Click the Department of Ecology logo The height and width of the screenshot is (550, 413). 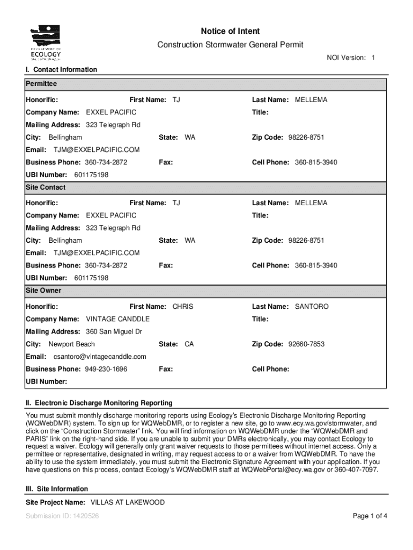pyautogui.click(x=46, y=41)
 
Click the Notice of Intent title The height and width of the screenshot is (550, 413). pyautogui.click(x=230, y=31)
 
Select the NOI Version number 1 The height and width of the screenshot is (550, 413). pyautogui.click(x=373, y=57)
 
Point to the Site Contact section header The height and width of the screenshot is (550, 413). pyautogui.click(x=46, y=187)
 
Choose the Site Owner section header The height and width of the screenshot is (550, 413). pyautogui.click(x=43, y=291)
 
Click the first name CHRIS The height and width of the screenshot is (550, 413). pyautogui.click(x=182, y=307)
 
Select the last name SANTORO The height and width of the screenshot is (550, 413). pyautogui.click(x=311, y=307)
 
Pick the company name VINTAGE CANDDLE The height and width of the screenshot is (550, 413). pyautogui.click(x=117, y=319)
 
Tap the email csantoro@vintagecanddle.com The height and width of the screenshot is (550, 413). pyautogui.click(x=99, y=357)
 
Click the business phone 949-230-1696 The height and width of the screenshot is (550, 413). pyautogui.click(x=106, y=369)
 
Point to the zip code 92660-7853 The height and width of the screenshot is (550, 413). pyautogui.click(x=306, y=344)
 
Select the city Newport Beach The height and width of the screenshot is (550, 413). pyautogui.click(x=71, y=344)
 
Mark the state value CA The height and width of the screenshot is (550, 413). pyautogui.click(x=189, y=344)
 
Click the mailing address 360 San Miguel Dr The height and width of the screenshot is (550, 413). pyautogui.click(x=114, y=332)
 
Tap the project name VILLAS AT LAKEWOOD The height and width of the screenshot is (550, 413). pyautogui.click(x=127, y=503)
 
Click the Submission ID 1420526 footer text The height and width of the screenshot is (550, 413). pyautogui.click(x=62, y=517)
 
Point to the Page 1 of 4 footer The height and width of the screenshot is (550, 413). pyautogui.click(x=370, y=517)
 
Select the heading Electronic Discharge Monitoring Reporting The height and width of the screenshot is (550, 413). pyautogui.click(x=99, y=403)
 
